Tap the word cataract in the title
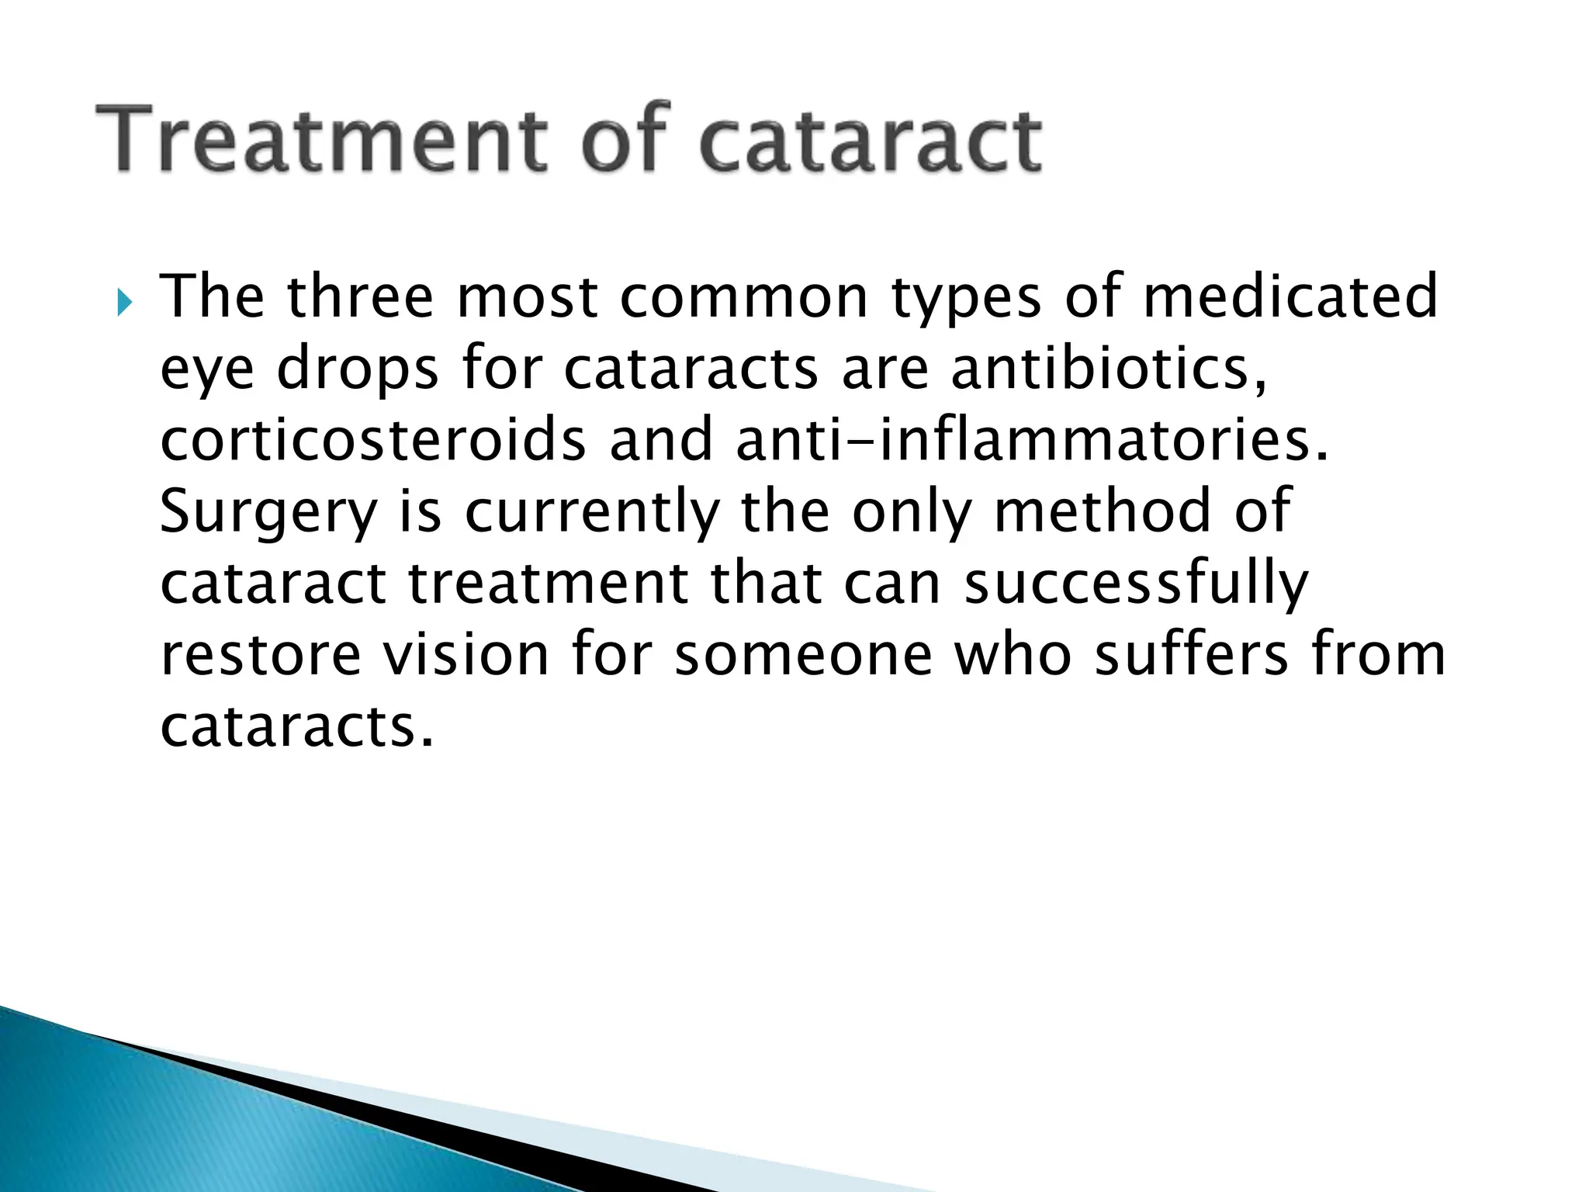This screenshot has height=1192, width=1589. click(x=870, y=141)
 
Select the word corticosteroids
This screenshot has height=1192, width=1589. click(x=372, y=439)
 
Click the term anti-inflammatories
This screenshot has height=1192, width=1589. click(x=1031, y=439)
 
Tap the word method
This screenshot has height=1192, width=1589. click(x=1103, y=511)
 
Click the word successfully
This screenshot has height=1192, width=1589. click(x=1136, y=584)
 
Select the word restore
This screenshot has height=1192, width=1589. click(x=261, y=655)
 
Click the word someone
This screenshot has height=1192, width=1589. click(x=802, y=655)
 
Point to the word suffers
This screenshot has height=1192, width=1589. click(x=1191, y=655)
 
